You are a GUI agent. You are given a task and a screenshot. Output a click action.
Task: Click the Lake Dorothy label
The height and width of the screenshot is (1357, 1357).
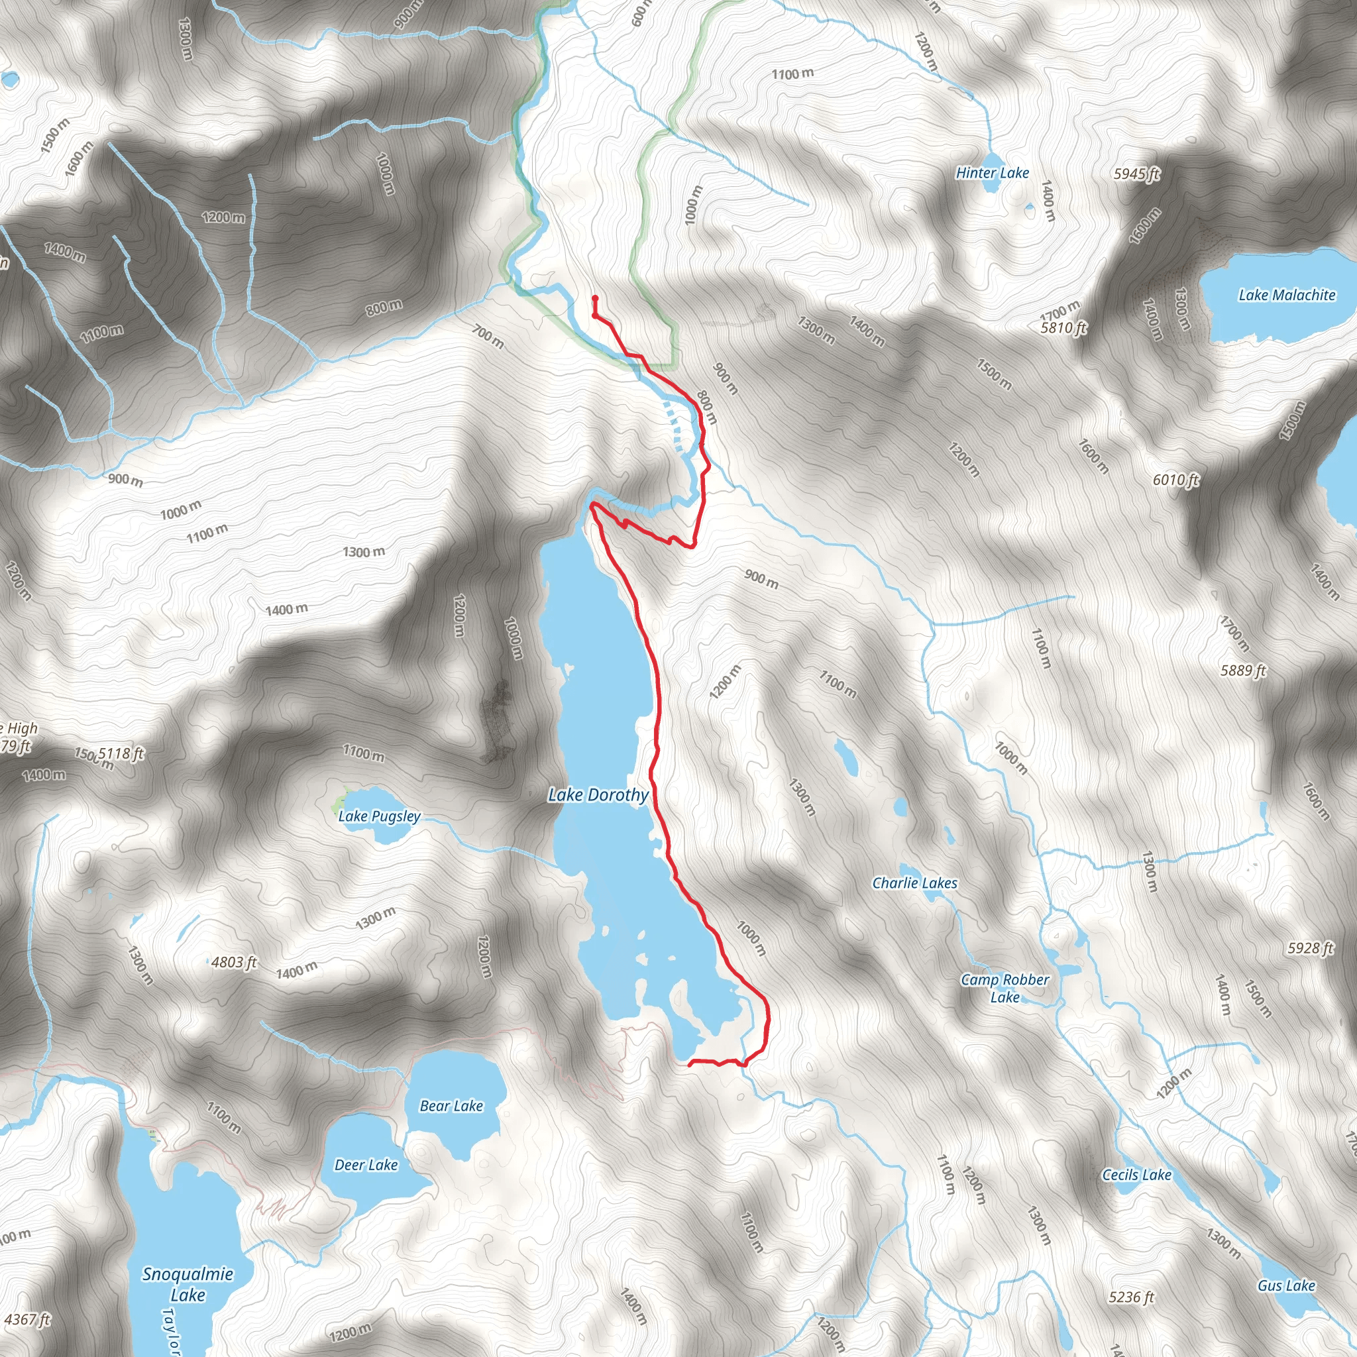(598, 795)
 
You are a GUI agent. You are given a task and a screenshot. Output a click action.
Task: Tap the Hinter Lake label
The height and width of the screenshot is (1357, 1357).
(992, 173)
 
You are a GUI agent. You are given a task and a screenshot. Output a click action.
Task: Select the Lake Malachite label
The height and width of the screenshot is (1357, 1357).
(1287, 295)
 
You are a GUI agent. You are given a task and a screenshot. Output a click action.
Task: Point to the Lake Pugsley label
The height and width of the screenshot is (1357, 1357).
(379, 816)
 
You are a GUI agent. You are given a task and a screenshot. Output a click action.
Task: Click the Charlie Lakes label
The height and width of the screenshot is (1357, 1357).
(914, 883)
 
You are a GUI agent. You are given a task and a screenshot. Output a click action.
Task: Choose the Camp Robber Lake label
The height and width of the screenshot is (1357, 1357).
(1004, 987)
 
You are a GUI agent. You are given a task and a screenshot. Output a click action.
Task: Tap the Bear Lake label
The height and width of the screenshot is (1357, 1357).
(451, 1106)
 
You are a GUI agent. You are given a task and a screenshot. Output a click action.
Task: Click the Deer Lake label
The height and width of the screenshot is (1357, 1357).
(366, 1166)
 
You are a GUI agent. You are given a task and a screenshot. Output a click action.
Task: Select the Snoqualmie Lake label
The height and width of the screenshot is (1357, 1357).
(188, 1283)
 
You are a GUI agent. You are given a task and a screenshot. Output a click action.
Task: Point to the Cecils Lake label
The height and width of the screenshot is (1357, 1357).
(1136, 1174)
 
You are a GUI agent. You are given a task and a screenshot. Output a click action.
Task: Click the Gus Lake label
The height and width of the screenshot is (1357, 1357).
(1286, 1285)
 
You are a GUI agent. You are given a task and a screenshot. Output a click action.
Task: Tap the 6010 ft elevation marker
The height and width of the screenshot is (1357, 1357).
(1176, 480)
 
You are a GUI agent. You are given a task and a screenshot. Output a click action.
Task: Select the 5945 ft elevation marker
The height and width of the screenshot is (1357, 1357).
(1136, 174)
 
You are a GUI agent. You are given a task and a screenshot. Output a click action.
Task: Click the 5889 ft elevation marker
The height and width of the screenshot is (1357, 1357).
(1243, 671)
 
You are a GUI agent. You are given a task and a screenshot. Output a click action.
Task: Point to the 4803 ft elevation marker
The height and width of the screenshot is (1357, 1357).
(234, 962)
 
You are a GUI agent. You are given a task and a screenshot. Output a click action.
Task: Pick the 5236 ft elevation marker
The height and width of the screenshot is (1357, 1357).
(1131, 1297)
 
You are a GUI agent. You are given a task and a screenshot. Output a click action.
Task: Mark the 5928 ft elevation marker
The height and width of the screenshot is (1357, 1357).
(1310, 948)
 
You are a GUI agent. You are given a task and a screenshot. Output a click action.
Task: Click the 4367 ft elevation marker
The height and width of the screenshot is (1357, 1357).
(27, 1320)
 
